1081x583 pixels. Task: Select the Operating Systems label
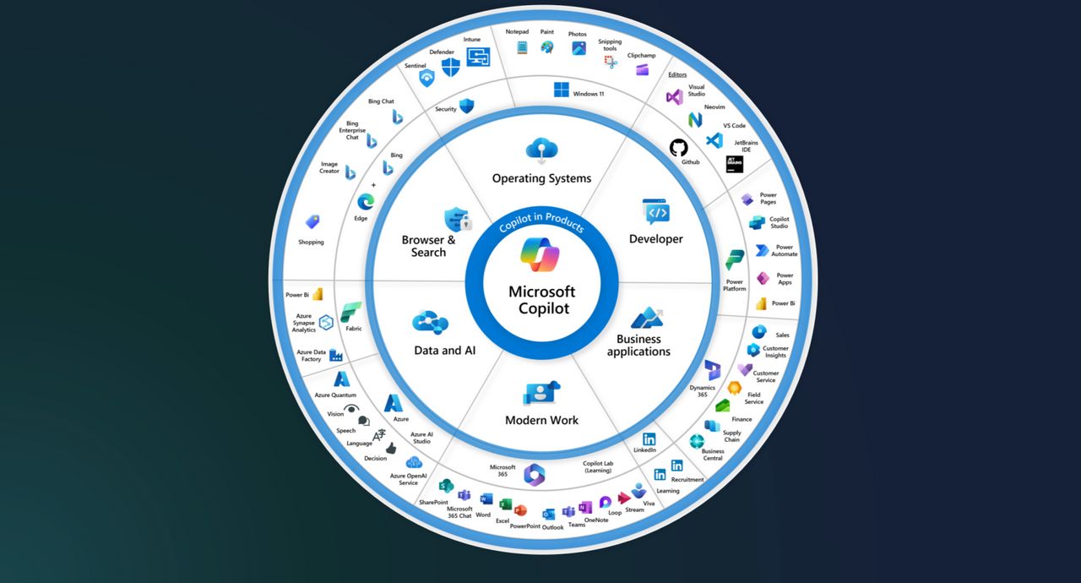pyautogui.click(x=541, y=178)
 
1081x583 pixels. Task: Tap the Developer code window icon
pyautogui.click(x=655, y=211)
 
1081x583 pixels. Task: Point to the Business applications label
pyautogui.click(x=638, y=346)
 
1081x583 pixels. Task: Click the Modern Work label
pyautogui.click(x=541, y=420)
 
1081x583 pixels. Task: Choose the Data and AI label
pyautogui.click(x=445, y=350)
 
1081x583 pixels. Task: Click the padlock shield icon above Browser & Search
pyautogui.click(x=457, y=220)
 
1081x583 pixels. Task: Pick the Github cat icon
pyautogui.click(x=679, y=147)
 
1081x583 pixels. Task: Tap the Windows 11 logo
pyautogui.click(x=562, y=90)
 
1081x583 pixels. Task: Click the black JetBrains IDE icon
pyautogui.click(x=734, y=165)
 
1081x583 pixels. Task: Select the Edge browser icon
pyautogui.click(x=366, y=202)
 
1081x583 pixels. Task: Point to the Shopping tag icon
pyautogui.click(x=312, y=222)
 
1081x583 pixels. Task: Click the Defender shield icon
pyautogui.click(x=451, y=67)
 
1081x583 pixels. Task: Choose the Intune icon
pyautogui.click(x=478, y=57)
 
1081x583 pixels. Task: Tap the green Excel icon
pyautogui.click(x=505, y=504)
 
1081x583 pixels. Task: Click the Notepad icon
pyautogui.click(x=522, y=47)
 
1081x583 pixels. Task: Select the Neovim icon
pyautogui.click(x=695, y=119)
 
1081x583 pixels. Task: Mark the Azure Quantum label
pyautogui.click(x=335, y=395)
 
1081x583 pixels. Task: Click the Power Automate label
pyautogui.click(x=785, y=251)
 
